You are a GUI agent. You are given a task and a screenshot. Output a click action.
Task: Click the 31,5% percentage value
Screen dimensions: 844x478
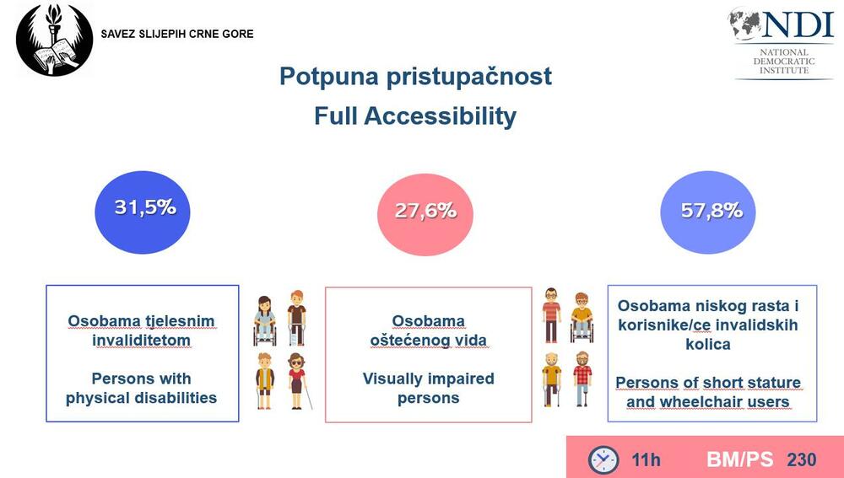tap(145, 207)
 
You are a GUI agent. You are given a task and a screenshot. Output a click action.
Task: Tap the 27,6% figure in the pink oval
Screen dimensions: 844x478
tap(425, 210)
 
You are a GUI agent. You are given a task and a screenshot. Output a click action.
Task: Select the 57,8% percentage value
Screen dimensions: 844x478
tap(711, 210)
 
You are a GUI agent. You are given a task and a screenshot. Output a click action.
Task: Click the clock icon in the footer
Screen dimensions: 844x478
tap(603, 459)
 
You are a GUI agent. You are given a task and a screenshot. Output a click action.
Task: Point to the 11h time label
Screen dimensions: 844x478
tap(646, 460)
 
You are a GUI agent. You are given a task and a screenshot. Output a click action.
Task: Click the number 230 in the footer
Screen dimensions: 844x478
tap(802, 459)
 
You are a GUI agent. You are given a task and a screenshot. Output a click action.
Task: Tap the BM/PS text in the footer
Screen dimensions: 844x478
tap(739, 459)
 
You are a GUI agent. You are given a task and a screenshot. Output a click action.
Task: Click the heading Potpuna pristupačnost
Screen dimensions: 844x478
tap(415, 77)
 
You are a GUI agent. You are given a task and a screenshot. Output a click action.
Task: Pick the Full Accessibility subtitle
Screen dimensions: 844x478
tap(415, 116)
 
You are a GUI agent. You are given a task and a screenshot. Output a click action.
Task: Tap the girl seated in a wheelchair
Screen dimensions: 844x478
tap(264, 320)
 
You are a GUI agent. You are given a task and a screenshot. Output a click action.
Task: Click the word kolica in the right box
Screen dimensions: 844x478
tap(708, 344)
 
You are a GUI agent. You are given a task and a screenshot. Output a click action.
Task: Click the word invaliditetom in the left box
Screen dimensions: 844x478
tap(141, 341)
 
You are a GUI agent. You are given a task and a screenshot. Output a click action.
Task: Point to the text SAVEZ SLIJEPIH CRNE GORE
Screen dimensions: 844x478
tap(177, 34)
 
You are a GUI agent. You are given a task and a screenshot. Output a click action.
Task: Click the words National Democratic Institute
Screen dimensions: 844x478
tap(784, 62)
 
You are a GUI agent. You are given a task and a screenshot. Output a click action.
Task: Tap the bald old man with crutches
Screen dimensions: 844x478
tap(552, 379)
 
